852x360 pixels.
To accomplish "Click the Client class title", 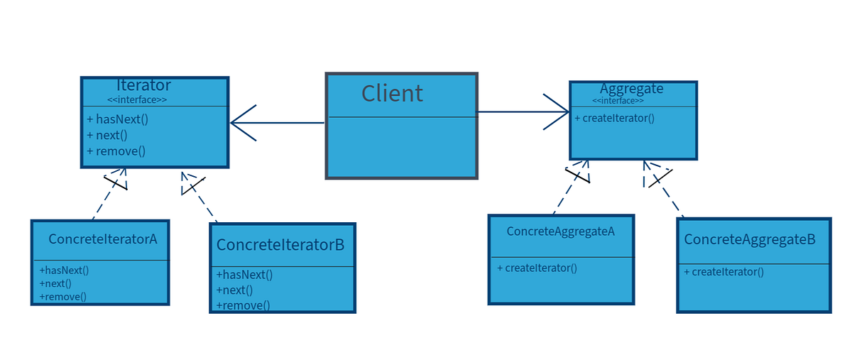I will point(392,93).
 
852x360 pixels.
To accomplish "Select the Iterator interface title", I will point(143,85).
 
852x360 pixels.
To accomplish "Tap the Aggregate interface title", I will point(631,89).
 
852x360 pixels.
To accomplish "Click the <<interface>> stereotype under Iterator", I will point(137,100).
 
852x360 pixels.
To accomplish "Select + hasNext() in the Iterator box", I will point(117,119).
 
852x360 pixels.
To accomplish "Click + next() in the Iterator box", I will point(107,135).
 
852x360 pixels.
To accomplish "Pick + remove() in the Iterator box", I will point(116,151).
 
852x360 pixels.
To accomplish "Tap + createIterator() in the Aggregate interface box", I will point(614,118).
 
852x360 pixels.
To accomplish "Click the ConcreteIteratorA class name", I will point(103,239).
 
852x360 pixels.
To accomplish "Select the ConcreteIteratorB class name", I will point(280,245).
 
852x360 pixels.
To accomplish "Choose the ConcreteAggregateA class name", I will point(560,231).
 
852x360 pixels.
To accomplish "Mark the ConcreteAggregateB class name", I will point(750,239).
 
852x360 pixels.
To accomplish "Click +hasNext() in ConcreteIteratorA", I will point(64,271).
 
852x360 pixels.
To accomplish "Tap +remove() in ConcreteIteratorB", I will point(243,305).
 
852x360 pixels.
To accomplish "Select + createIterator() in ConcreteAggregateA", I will point(537,268).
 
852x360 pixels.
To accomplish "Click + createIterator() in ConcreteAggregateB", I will point(723,271).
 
